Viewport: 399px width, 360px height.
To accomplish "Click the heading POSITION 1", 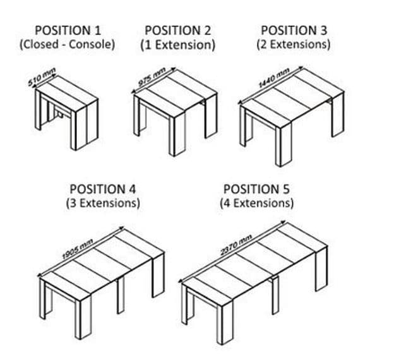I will click(67, 30).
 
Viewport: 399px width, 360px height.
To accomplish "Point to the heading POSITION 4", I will click(103, 189).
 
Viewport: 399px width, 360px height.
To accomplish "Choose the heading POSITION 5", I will click(256, 189).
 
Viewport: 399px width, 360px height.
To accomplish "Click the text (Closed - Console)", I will click(67, 45).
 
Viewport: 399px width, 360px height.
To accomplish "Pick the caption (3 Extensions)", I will click(103, 203).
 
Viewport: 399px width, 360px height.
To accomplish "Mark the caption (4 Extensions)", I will click(256, 203).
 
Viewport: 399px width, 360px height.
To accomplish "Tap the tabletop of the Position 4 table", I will click(101, 262).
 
